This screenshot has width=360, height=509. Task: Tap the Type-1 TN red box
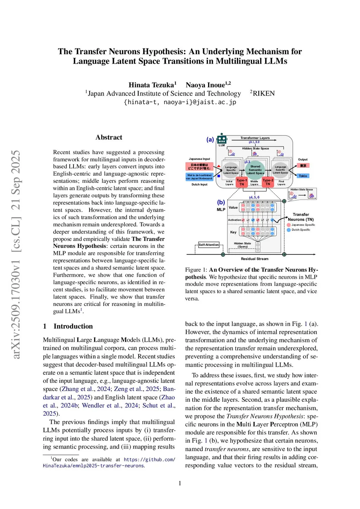tap(242, 182)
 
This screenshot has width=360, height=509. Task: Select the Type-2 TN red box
tap(268, 182)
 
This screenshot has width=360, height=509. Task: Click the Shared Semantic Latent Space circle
tap(255, 169)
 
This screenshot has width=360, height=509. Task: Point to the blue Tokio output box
tap(303, 176)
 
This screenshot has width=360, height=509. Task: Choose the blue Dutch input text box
tap(199, 176)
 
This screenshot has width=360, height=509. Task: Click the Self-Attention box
tap(209, 245)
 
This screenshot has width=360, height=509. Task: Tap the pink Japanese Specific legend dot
tap(289, 225)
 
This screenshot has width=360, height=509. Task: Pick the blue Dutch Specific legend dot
tap(289, 230)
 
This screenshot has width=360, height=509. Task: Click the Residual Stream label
tap(255, 259)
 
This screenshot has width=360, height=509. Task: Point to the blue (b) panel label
tap(221, 202)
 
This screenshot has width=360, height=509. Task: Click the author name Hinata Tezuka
tap(152, 85)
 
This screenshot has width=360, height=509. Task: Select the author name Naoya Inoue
tap(205, 85)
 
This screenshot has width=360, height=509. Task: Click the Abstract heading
tap(109, 137)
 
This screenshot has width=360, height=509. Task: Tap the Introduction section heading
tap(73, 326)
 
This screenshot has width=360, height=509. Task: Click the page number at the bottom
tap(180, 483)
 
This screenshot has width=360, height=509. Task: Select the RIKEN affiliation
tap(264, 94)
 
